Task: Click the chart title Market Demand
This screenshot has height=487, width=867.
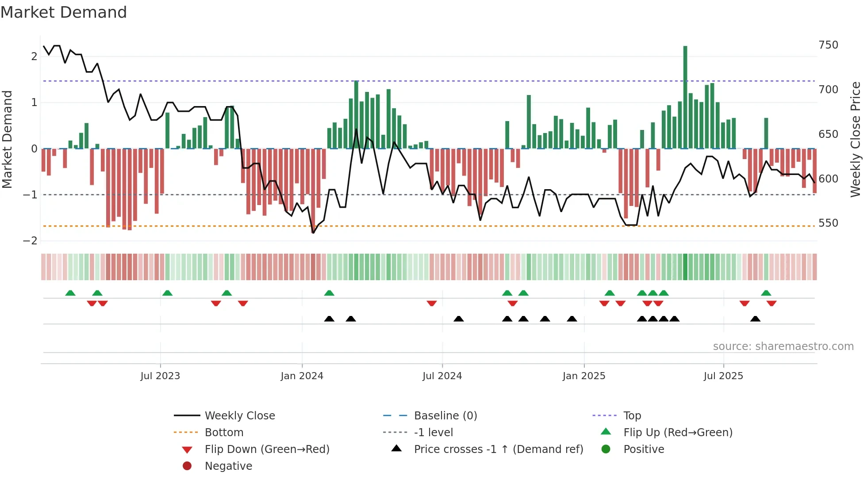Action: (64, 12)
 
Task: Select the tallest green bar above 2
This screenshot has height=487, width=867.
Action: (685, 97)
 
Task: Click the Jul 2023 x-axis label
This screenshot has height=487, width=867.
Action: (160, 376)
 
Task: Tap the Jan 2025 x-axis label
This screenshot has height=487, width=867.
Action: (584, 376)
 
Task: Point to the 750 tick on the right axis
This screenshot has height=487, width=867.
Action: (828, 45)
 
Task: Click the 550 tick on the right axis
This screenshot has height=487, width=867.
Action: (828, 223)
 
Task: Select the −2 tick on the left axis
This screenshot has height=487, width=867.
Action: (31, 241)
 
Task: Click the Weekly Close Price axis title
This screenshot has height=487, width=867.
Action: (855, 139)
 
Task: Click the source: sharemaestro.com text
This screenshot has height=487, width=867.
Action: (783, 346)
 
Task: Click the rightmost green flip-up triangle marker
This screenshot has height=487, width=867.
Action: (766, 293)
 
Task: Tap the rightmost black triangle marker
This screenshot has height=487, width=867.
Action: (756, 319)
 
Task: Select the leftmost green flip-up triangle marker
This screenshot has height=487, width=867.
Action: (70, 293)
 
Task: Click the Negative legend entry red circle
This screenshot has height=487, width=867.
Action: (187, 466)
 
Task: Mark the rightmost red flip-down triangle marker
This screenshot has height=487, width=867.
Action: (771, 303)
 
